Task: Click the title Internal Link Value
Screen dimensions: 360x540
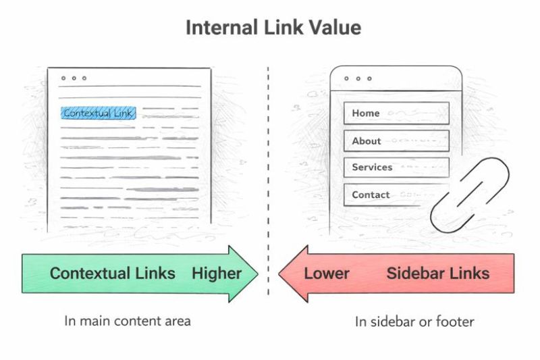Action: click(273, 28)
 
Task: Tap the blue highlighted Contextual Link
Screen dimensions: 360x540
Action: click(99, 113)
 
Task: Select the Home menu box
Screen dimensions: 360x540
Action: click(396, 113)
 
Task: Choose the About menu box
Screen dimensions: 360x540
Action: click(396, 140)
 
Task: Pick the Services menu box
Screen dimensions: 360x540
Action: click(396, 167)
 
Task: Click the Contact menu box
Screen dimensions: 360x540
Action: click(396, 195)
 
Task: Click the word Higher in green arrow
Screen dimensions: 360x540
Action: click(216, 274)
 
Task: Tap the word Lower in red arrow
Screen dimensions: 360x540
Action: click(327, 274)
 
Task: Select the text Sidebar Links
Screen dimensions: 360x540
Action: click(437, 274)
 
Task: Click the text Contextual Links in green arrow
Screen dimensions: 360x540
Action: click(113, 274)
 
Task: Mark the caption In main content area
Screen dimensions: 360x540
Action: click(128, 321)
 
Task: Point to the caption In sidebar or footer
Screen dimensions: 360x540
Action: click(414, 322)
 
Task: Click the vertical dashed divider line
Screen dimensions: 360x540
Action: click(269, 169)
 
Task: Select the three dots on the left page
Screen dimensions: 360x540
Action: click(74, 78)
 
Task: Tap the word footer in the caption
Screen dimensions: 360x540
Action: click(456, 322)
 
